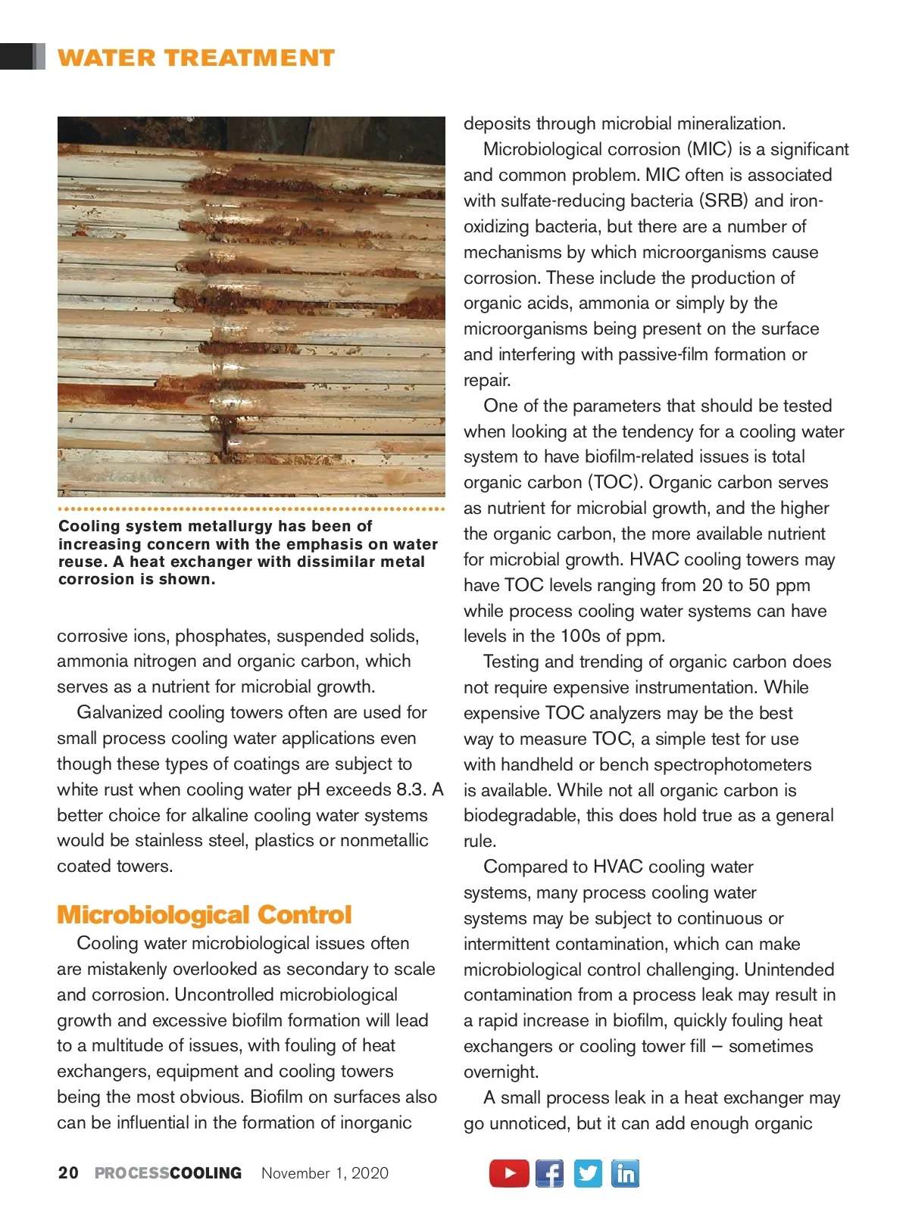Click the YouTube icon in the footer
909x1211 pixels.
click(509, 1173)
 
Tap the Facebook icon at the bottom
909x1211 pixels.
click(549, 1173)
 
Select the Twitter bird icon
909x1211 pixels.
click(588, 1173)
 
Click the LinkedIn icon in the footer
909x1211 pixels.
click(625, 1173)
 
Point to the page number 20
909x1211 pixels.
click(68, 1173)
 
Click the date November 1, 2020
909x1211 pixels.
click(325, 1173)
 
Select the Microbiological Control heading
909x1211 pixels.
click(205, 915)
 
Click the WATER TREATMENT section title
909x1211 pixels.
click(196, 58)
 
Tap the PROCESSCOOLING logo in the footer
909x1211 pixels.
click(168, 1173)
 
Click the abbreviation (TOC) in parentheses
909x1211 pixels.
click(614, 482)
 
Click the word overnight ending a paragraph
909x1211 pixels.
click(501, 1072)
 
